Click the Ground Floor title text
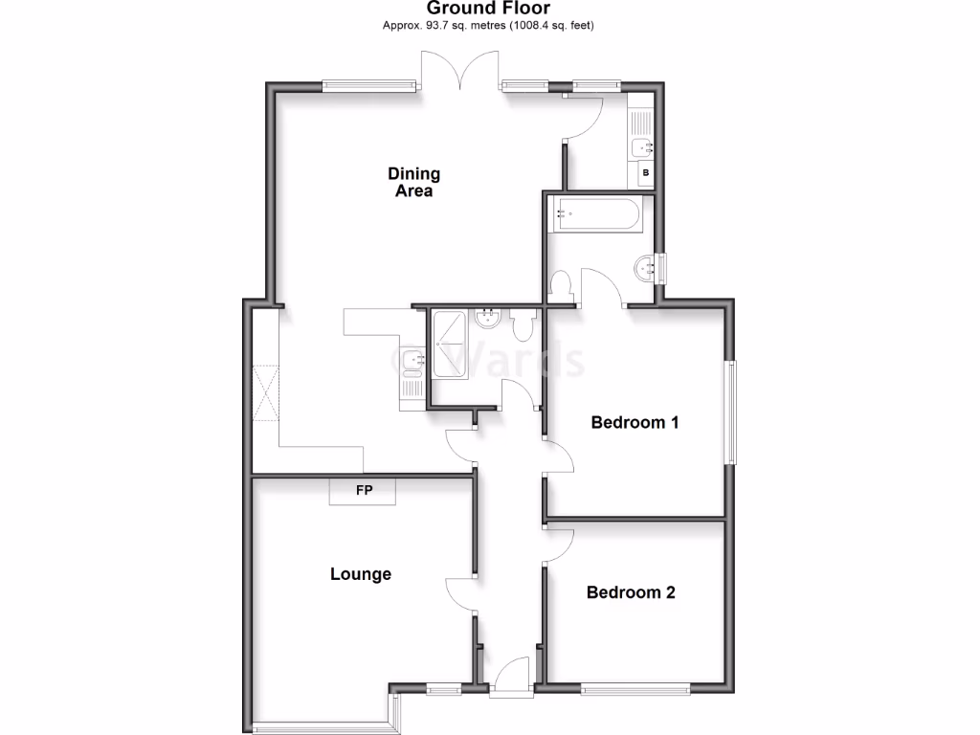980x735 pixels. [489, 9]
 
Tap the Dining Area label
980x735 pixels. [413, 182]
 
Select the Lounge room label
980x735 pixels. [361, 574]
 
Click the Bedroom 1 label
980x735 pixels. [635, 422]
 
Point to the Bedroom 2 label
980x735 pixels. [631, 592]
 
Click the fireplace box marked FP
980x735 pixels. [364, 492]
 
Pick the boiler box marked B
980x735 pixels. [645, 173]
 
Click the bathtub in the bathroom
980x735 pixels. [594, 216]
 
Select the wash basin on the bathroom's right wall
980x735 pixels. [644, 269]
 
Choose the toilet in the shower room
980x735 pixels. [523, 326]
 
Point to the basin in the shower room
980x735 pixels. [488, 318]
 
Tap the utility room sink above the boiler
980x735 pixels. [641, 147]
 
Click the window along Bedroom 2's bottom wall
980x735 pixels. [635, 687]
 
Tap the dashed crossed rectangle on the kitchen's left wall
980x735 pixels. [265, 393]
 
